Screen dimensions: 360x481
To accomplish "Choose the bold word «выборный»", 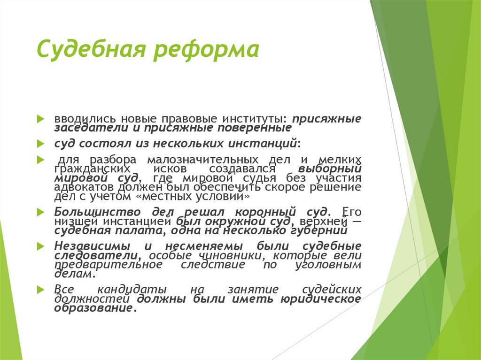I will (x=329, y=168).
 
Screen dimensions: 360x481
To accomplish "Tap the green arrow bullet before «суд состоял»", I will (x=42, y=143).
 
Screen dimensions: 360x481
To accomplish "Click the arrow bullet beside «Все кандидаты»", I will (x=42, y=289).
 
